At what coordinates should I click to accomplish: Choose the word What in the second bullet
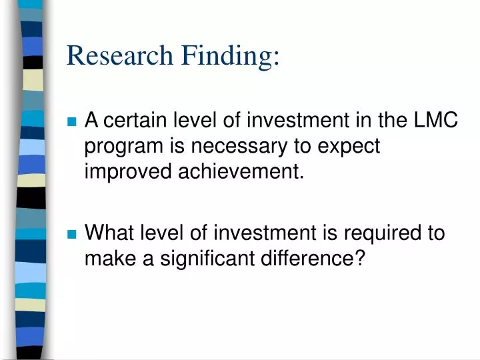[x=108, y=233]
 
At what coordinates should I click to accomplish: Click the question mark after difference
[x=361, y=258]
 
